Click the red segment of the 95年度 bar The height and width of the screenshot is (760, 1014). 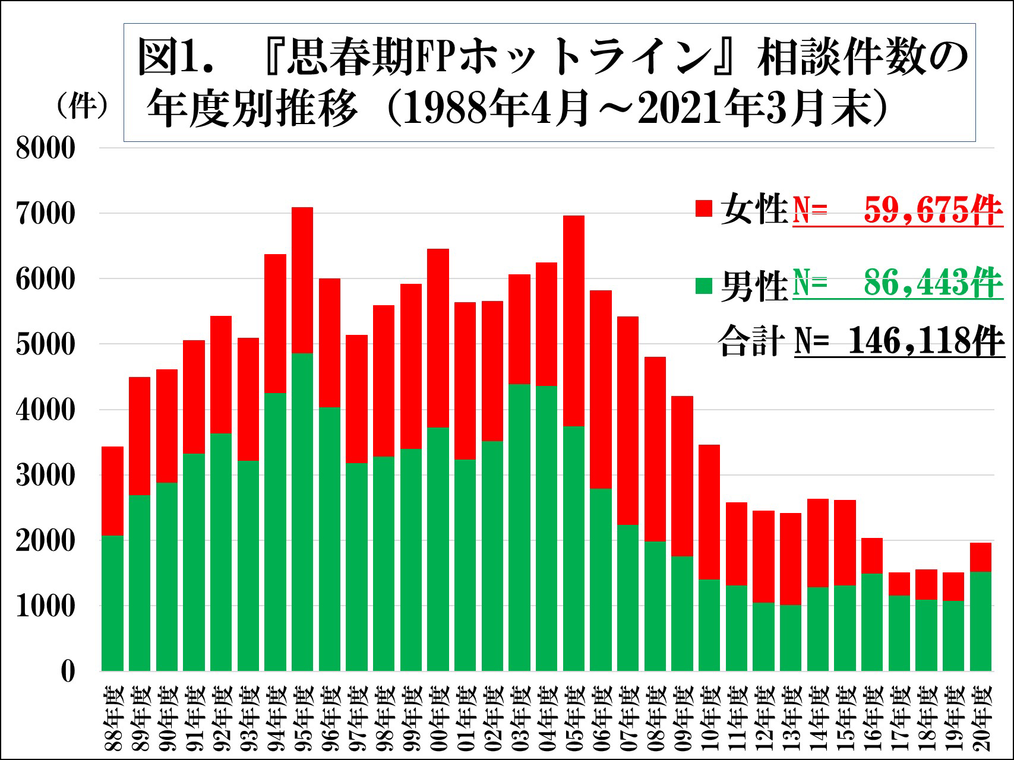(x=302, y=280)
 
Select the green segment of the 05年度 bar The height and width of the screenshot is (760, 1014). (x=574, y=549)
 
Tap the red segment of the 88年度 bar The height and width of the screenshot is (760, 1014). (x=112, y=491)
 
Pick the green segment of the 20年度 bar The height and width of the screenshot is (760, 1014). (x=981, y=622)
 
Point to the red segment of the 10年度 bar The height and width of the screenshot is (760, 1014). (x=709, y=512)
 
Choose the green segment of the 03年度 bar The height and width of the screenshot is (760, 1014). (x=519, y=528)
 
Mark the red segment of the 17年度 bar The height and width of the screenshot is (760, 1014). (x=899, y=584)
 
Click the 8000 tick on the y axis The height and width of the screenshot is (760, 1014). (x=46, y=148)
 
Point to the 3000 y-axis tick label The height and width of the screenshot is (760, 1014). (x=46, y=475)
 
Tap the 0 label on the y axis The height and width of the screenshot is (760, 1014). (x=68, y=672)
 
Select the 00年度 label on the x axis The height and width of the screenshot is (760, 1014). (x=438, y=718)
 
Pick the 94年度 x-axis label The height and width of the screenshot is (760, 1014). (x=276, y=718)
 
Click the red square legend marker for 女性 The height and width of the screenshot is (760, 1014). (x=704, y=208)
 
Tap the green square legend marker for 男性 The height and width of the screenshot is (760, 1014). (x=704, y=286)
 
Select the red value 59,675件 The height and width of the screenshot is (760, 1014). (x=933, y=210)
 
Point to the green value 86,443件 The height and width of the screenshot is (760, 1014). (x=933, y=283)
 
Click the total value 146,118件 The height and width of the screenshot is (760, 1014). (x=925, y=341)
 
